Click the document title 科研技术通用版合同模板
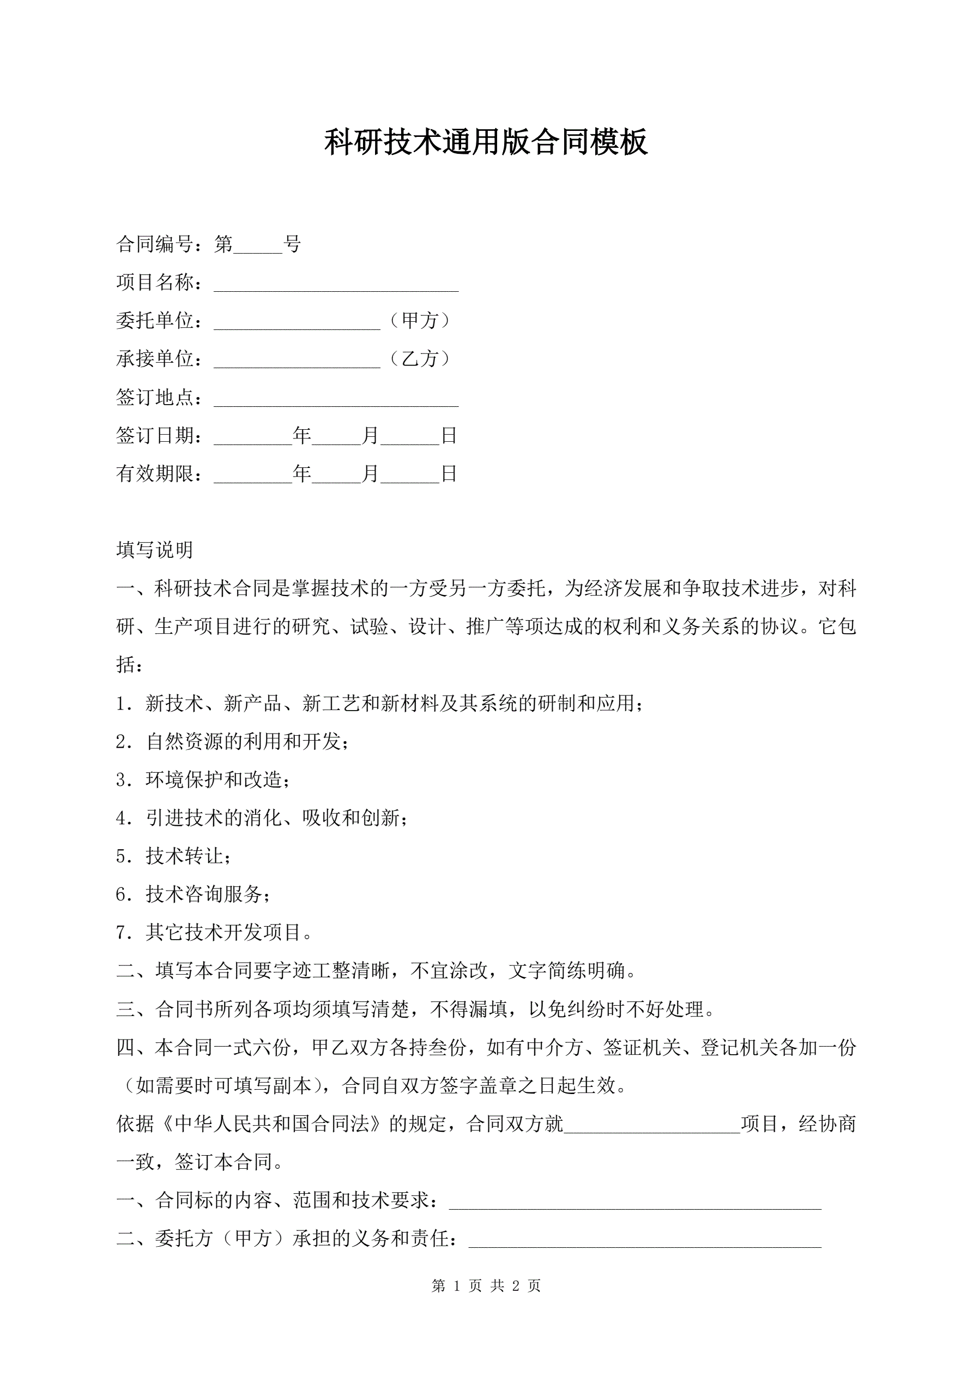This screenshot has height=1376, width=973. coord(486,143)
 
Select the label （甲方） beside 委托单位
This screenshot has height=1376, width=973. coord(419,321)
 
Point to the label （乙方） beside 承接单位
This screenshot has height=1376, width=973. coord(419,359)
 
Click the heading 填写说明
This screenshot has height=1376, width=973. coord(155,550)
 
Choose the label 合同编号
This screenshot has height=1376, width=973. coord(155,244)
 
